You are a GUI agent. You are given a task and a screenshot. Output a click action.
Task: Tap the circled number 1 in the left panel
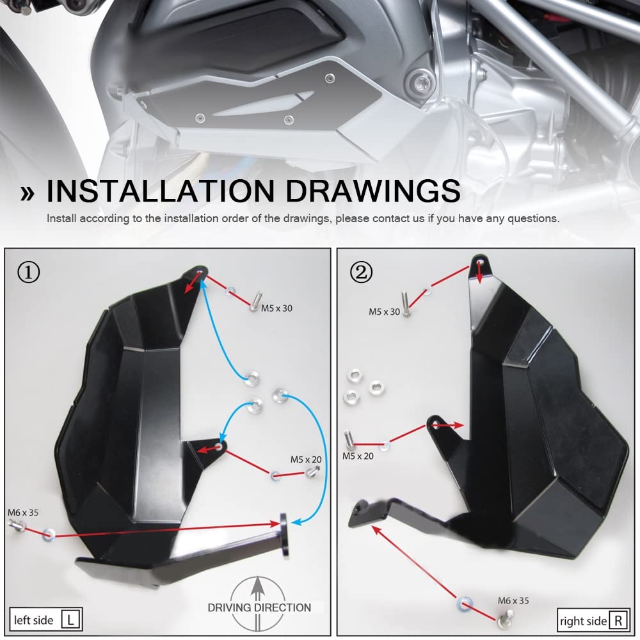pos(29,273)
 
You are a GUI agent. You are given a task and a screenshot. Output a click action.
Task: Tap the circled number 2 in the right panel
pos(361,273)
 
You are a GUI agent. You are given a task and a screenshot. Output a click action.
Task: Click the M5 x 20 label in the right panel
pos(358,456)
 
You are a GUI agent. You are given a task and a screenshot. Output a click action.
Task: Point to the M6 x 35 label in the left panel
pos(23,513)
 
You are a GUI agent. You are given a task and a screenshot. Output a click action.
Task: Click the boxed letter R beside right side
pos(618,620)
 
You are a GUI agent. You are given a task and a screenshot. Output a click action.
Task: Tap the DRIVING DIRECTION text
pos(259,607)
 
